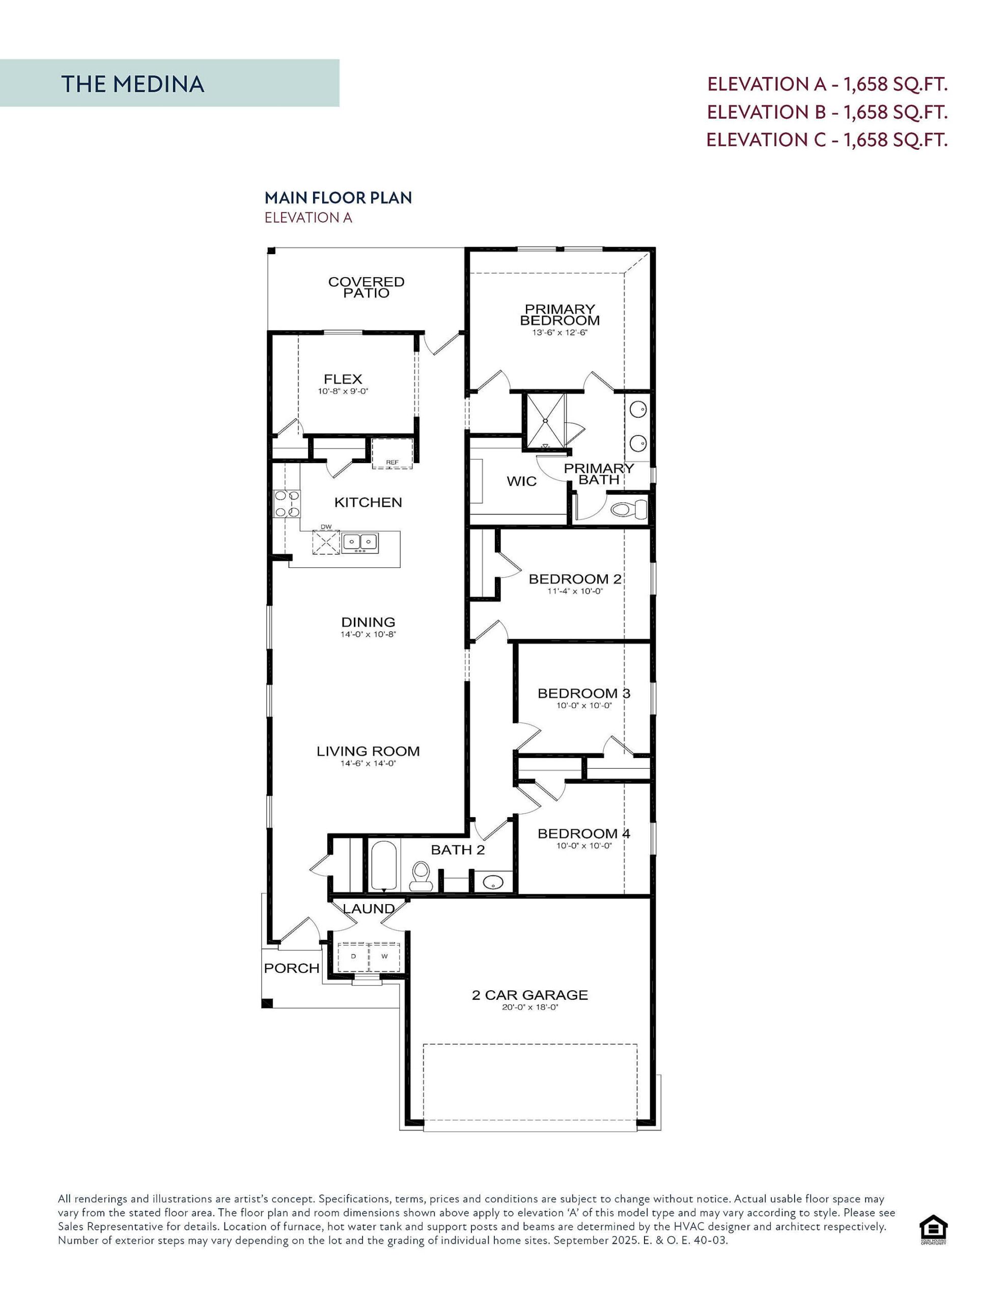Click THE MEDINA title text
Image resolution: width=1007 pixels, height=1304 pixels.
point(132,84)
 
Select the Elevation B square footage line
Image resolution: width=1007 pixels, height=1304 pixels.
point(827,112)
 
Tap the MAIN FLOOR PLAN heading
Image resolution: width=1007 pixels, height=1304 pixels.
point(338,198)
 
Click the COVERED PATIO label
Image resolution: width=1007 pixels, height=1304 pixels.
point(366,287)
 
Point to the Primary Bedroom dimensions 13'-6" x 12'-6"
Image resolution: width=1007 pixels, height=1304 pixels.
point(560,333)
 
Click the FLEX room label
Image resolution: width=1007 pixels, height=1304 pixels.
point(343,379)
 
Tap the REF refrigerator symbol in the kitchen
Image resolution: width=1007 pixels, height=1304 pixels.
point(392,454)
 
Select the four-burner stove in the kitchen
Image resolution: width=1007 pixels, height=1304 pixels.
point(287,503)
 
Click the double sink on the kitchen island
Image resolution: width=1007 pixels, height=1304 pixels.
point(360,542)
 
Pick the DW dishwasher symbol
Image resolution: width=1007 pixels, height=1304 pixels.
point(326,542)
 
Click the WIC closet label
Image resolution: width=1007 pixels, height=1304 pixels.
point(521,481)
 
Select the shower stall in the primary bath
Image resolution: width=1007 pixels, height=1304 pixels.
point(544,420)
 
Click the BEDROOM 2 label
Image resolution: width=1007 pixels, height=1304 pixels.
point(575,579)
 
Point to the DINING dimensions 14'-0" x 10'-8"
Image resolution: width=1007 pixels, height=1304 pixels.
point(368,635)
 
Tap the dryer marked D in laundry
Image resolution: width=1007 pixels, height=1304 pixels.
point(353,957)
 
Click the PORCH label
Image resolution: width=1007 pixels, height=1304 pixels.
point(291,968)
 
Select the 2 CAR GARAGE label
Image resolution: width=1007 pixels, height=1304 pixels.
point(529,995)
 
